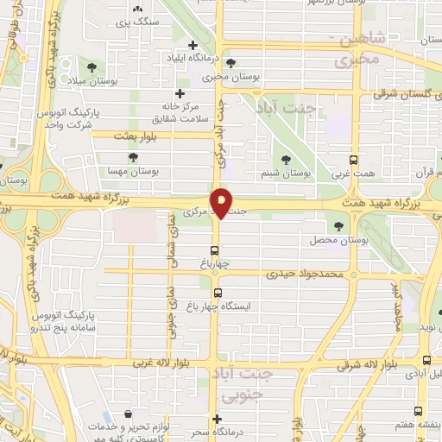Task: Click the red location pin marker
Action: [222, 202]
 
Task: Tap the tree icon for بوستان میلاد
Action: [92, 66]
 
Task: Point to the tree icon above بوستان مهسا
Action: [132, 157]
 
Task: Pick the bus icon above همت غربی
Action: [352, 161]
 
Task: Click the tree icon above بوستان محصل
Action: [338, 226]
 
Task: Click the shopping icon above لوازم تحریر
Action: [129, 414]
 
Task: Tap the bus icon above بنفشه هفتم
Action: [419, 412]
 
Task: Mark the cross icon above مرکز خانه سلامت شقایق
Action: [179, 93]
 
